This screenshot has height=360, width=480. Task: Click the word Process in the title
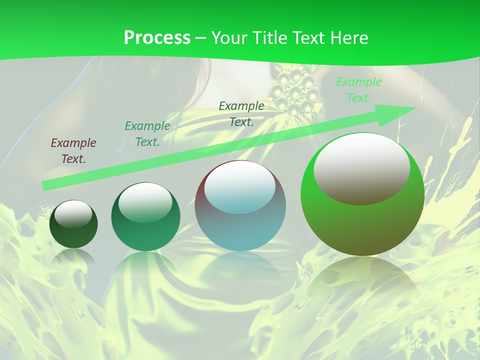pyautogui.click(x=157, y=37)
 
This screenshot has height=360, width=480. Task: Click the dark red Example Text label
pyautogui.click(x=73, y=150)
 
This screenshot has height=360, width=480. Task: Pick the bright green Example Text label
pyautogui.click(x=358, y=90)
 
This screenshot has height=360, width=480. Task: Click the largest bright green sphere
pyautogui.click(x=362, y=220)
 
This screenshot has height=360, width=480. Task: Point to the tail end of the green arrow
pyautogui.click(x=46, y=185)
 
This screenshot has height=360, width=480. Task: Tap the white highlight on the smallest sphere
pyautogui.click(x=73, y=214)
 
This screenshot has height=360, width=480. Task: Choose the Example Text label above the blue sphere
pyautogui.click(x=241, y=113)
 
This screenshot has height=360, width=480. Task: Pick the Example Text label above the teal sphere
pyautogui.click(x=147, y=133)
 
